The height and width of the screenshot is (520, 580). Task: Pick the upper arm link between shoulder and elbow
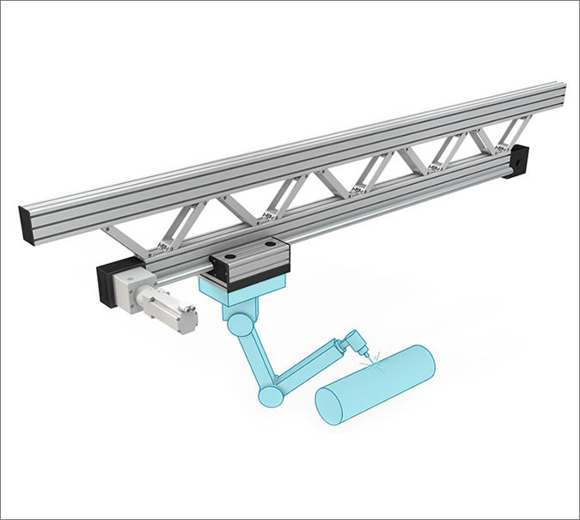pos(254,357)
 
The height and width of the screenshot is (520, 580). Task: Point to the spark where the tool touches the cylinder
pos(371,360)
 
